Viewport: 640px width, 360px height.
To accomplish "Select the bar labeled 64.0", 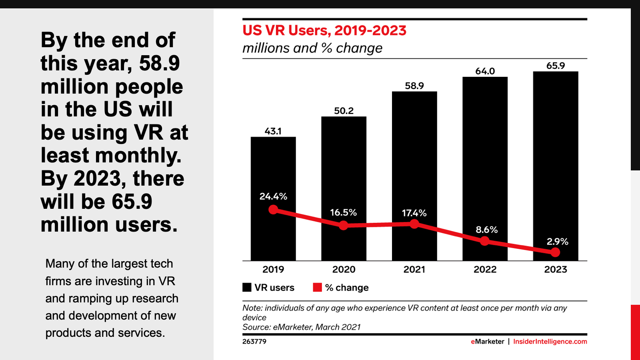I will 485,160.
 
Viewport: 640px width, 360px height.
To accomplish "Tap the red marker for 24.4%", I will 273,210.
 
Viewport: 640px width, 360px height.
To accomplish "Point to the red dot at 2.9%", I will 555,252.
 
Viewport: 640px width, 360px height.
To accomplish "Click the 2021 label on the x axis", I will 414,270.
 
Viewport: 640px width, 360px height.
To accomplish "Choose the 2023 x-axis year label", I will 555,270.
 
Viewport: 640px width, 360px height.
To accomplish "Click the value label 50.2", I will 344,111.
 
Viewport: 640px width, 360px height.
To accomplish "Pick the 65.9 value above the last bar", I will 556,66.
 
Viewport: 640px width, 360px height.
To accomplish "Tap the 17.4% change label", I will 414,213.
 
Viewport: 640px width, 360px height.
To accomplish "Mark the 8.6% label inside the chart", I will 486,230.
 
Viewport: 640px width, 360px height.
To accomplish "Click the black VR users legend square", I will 247,287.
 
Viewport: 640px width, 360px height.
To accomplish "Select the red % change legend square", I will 317,287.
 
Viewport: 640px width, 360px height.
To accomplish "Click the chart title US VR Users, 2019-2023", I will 324,30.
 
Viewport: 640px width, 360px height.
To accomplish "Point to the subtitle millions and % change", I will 312,48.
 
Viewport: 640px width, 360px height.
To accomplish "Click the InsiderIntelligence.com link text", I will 550,342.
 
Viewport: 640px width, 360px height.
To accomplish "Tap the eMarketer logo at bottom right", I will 487,342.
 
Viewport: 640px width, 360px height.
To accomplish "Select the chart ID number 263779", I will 254,342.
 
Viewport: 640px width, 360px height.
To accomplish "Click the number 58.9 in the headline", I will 159,63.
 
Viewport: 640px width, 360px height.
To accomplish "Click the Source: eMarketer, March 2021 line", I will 301,327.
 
